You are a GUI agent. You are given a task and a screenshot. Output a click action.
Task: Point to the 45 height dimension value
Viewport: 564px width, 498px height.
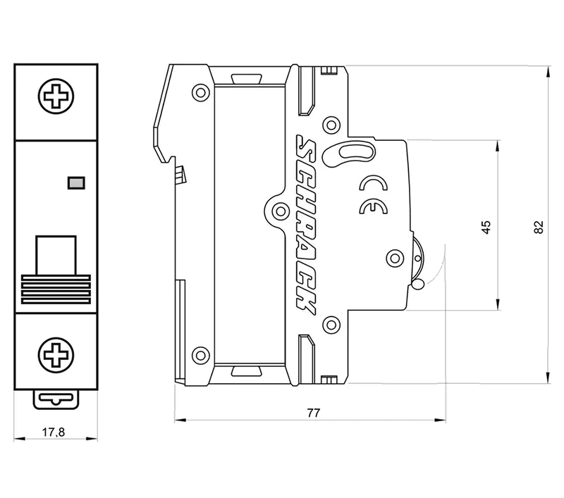pyautogui.click(x=485, y=226)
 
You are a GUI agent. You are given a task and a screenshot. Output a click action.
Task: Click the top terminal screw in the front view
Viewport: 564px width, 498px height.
pyautogui.click(x=54, y=96)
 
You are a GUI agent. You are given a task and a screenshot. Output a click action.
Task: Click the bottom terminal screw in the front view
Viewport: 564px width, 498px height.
pyautogui.click(x=54, y=352)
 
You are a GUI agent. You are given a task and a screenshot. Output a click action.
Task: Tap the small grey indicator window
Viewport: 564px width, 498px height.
pyautogui.click(x=74, y=182)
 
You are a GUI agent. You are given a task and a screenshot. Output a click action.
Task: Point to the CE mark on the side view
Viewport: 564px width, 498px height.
pyautogui.click(x=371, y=207)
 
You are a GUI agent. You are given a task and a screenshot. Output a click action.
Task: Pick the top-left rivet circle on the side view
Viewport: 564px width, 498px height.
pyautogui.click(x=200, y=92)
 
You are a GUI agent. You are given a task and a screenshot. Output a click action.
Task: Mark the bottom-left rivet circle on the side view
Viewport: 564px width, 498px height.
pyautogui.click(x=200, y=355)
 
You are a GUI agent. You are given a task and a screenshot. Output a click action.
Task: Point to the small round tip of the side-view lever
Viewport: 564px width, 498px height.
pyautogui.click(x=417, y=285)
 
